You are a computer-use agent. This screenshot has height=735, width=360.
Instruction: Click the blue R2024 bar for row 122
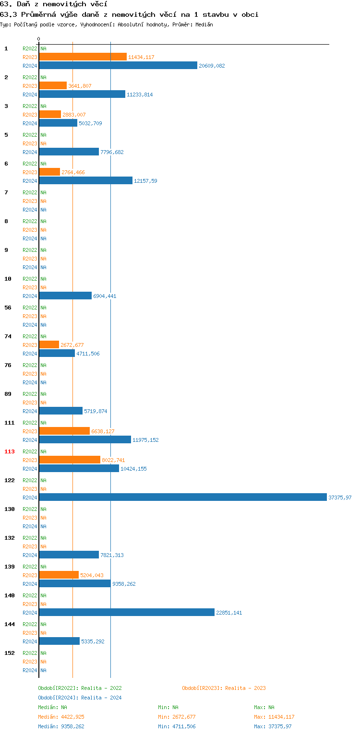click(182, 497)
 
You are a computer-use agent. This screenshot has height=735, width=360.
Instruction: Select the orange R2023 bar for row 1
click(83, 57)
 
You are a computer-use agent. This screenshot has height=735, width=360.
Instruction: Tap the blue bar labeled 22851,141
click(126, 612)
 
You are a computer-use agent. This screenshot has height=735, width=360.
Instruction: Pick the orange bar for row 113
click(70, 460)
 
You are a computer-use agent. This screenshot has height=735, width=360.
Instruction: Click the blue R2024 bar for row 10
click(65, 296)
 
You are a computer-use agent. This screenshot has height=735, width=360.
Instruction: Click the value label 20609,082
click(212, 66)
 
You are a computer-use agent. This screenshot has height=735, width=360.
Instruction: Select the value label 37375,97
click(340, 498)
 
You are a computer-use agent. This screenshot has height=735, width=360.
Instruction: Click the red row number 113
click(10, 451)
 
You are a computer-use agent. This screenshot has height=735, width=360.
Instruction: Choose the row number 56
click(8, 308)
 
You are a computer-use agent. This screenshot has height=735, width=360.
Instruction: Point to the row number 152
click(10, 653)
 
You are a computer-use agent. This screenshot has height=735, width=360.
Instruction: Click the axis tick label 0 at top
click(39, 39)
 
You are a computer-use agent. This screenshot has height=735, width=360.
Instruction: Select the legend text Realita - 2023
click(245, 688)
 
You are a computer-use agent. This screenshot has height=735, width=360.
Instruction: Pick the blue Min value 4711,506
click(185, 726)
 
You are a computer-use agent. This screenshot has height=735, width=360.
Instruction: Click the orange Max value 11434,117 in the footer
click(281, 717)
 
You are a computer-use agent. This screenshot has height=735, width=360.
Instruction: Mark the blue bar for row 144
click(59, 641)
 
